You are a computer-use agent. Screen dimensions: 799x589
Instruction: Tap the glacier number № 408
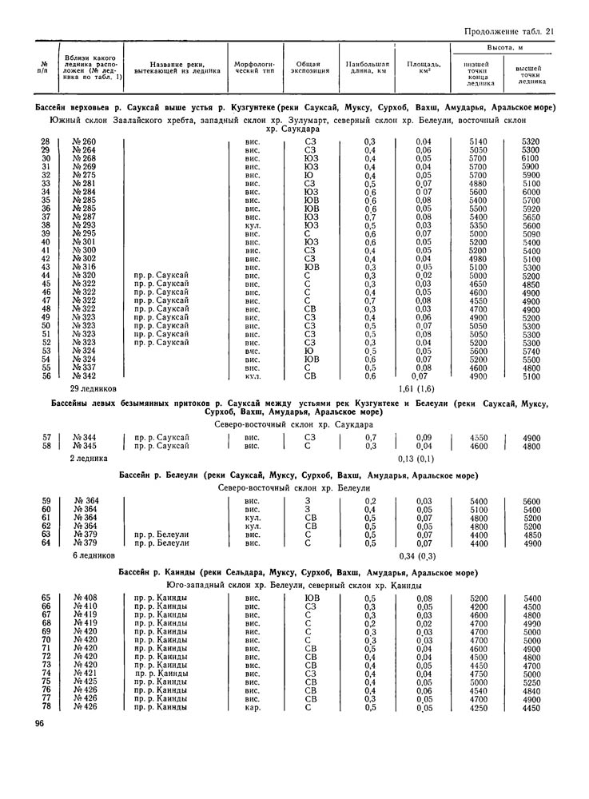pos(84,598)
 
